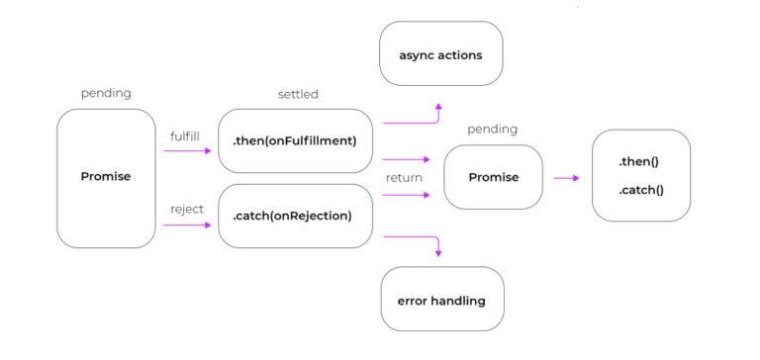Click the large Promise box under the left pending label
click(x=106, y=177)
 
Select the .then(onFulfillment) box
click(x=294, y=140)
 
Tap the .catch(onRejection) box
click(x=294, y=216)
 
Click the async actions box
click(x=440, y=54)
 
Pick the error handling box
click(x=440, y=300)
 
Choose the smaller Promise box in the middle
click(x=493, y=178)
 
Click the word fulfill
click(x=186, y=135)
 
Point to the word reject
click(x=186, y=209)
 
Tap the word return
click(x=404, y=178)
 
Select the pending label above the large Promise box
click(x=106, y=93)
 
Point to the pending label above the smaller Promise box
click(x=493, y=129)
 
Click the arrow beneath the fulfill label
click(x=188, y=150)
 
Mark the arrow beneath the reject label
click(x=188, y=225)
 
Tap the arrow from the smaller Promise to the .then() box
click(x=566, y=178)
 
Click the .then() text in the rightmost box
click(x=640, y=160)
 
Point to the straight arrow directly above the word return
click(x=406, y=158)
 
